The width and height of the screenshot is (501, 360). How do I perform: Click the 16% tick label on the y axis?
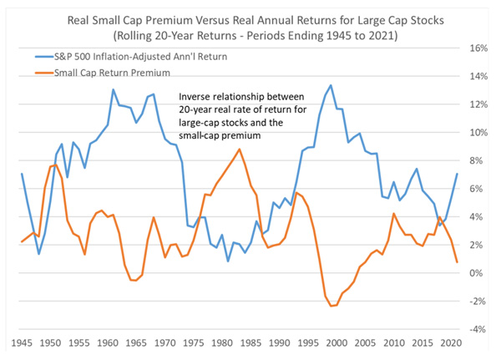478,48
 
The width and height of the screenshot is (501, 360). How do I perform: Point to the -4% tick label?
478,329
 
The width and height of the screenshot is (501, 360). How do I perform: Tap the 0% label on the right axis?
476,273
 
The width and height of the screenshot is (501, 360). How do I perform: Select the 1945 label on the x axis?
22,343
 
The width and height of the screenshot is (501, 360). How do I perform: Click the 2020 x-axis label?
451,343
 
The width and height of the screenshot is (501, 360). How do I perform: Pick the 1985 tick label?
250,343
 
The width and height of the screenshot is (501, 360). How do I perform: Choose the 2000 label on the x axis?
337,343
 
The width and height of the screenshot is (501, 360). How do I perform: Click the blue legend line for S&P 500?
44,57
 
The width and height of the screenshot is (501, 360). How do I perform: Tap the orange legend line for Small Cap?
44,73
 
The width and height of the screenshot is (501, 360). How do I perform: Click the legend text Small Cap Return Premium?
112,73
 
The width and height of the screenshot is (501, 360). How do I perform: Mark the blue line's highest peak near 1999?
331,85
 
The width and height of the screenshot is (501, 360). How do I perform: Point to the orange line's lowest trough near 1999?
331,306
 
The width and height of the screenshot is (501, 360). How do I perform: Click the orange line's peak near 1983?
240,149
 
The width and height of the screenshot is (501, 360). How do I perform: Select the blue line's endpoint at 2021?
458,174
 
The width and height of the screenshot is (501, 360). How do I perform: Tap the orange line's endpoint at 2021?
458,262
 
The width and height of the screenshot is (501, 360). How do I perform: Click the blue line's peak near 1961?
113,89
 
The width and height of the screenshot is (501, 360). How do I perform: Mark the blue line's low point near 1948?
39,254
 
